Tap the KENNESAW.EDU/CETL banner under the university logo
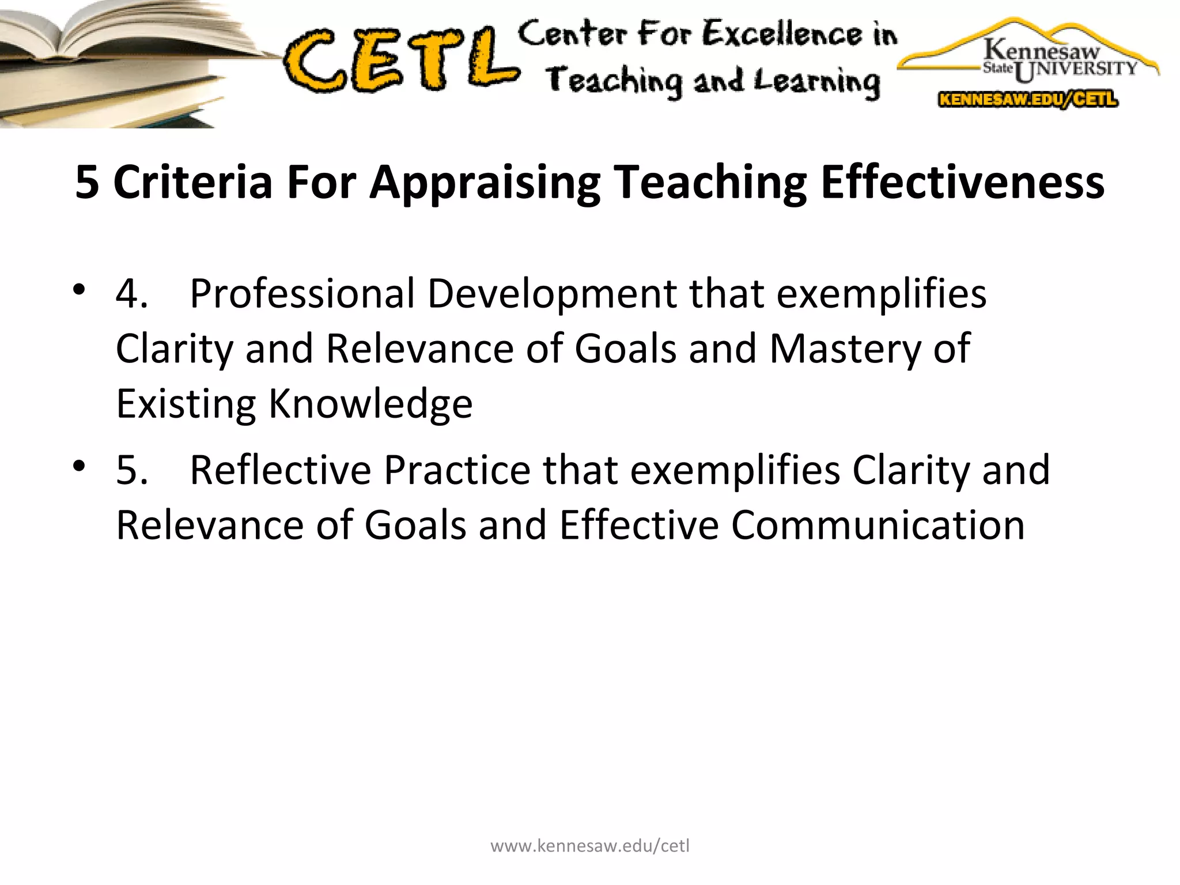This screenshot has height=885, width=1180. (1028, 99)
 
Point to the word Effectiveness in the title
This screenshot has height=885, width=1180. (962, 183)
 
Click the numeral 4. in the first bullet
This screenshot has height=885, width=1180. (131, 294)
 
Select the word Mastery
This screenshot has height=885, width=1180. (845, 349)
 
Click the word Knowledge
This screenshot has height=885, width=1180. (370, 404)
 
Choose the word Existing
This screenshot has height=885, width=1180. (186, 404)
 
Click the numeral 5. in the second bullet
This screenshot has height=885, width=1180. (131, 470)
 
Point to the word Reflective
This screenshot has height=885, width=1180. (281, 470)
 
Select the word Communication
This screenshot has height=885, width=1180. (878, 525)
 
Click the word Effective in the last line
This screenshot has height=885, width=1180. (639, 525)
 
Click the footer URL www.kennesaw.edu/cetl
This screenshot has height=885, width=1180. (589, 846)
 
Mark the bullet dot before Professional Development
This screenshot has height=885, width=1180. (80, 289)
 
